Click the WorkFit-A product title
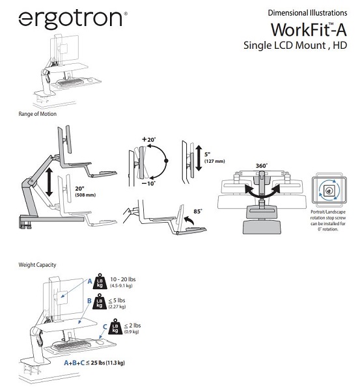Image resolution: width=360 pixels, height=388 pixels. (x=309, y=30)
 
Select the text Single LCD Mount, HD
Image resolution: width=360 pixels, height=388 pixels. (x=295, y=46)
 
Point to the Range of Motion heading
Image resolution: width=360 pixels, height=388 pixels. (x=37, y=114)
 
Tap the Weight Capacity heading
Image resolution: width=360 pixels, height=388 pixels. (x=37, y=265)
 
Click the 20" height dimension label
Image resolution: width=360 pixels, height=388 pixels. (x=85, y=191)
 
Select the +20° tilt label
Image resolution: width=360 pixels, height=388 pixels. (x=148, y=139)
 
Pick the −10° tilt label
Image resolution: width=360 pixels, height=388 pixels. (x=148, y=184)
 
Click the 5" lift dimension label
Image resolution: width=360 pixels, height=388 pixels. (x=215, y=158)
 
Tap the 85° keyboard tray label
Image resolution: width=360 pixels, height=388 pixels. (x=198, y=212)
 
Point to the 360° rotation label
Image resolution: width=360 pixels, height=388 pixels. (x=262, y=166)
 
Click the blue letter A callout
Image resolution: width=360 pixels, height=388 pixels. (x=90, y=281)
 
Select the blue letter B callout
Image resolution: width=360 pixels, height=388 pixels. (x=89, y=301)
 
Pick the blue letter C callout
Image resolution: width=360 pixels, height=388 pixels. (x=105, y=327)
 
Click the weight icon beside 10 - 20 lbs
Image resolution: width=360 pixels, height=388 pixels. (x=100, y=281)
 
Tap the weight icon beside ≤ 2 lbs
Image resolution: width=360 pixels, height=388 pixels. (x=115, y=326)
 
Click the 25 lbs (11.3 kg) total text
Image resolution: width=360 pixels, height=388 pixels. (x=108, y=363)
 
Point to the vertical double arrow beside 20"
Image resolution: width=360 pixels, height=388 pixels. (x=49, y=182)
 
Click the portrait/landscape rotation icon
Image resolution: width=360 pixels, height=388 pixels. (x=329, y=190)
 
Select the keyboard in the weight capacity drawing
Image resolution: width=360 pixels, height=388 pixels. (x=71, y=345)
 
